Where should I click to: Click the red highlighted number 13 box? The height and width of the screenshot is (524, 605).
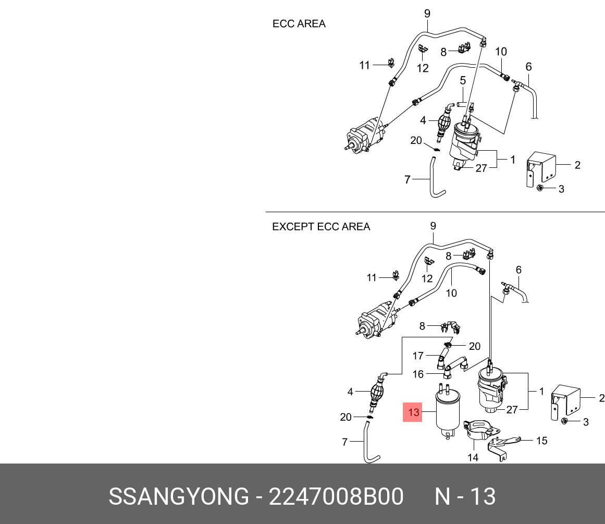coord(413,412)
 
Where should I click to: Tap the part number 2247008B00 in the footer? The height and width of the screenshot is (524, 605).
coord(336,497)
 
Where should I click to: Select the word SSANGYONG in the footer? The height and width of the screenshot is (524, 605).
coord(179,497)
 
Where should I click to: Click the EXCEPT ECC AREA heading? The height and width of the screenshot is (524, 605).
coord(321,227)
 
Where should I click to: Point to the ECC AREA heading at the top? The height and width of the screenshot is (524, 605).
coord(299,24)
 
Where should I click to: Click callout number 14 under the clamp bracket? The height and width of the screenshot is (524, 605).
coord(473,457)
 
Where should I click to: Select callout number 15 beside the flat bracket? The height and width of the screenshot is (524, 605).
coord(542,441)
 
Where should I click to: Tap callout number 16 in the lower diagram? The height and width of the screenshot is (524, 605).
coord(418,374)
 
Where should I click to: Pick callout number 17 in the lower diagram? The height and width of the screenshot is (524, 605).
coord(418,356)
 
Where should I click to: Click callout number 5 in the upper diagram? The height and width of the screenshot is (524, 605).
coord(462,80)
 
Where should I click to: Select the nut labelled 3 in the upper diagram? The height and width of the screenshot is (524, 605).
coord(540,188)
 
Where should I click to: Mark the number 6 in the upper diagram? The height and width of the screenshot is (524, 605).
coord(528,67)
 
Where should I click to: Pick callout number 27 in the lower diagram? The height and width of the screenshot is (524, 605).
coord(512,410)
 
